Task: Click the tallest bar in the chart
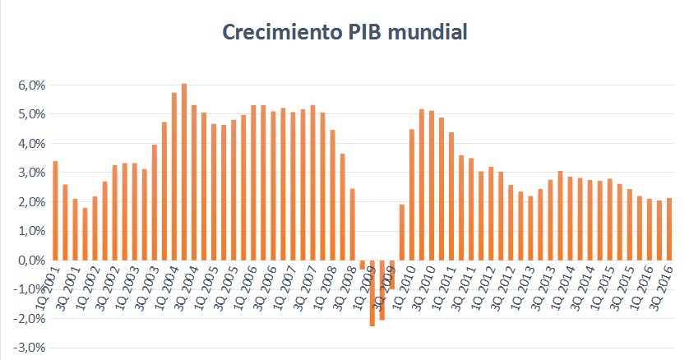(184, 172)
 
